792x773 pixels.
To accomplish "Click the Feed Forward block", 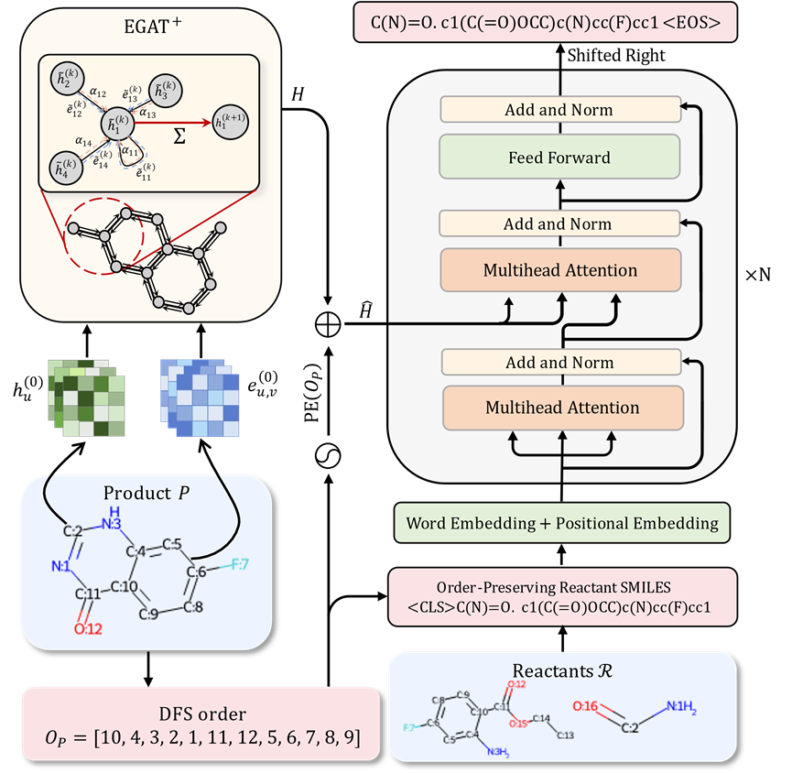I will pyautogui.click(x=559, y=158).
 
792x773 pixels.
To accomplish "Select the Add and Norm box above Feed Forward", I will pyautogui.click(x=559, y=110).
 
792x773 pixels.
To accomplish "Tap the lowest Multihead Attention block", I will pyautogui.click(x=562, y=408).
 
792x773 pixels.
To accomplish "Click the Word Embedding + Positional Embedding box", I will pyautogui.click(x=562, y=523).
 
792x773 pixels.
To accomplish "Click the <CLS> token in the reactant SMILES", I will pyautogui.click(x=432, y=606).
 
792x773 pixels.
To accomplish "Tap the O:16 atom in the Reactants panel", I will pyautogui.click(x=586, y=706).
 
